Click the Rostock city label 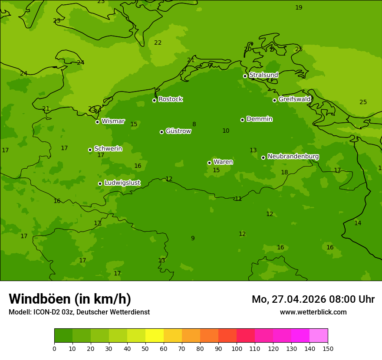coord(170,99)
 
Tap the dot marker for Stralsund coord(245,76)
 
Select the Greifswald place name coord(294,99)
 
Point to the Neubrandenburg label coord(293,157)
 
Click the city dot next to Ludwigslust coord(100,183)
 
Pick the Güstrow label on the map coord(178,131)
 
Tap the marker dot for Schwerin coord(90,150)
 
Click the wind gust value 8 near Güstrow coord(194,124)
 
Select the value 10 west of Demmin coord(226,131)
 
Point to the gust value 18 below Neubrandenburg coord(284,173)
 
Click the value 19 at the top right coord(299,8)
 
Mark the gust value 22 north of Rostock coord(158,43)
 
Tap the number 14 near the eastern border coord(357,223)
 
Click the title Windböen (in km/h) coord(70,299)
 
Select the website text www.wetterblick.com coord(313,312)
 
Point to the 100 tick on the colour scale coord(237,348)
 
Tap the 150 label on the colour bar coord(328,348)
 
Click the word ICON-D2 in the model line coord(46,312)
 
